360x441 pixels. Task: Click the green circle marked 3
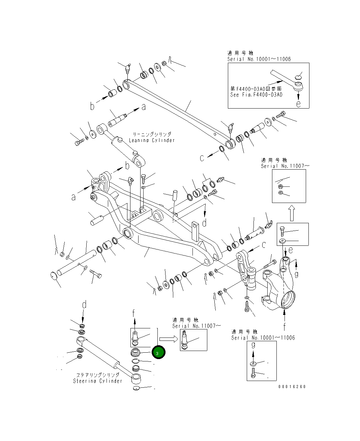pos(158,353)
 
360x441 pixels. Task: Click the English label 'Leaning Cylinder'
pos(152,140)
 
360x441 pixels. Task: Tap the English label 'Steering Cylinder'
pos(97,381)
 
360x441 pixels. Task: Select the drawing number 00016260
pos(292,387)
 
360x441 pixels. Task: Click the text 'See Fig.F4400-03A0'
pos(256,95)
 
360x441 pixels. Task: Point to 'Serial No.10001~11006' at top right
pos(259,59)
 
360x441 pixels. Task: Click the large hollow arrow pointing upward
pos(292,213)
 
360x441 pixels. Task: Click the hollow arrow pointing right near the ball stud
pos(168,339)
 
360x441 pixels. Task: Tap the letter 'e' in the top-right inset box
pos(298,104)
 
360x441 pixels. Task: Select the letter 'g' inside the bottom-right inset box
pos(253,345)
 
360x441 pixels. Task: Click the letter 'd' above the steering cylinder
pos(84,305)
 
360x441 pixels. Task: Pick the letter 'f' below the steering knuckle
pos(284,326)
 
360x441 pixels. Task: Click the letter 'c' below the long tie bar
pos(202,158)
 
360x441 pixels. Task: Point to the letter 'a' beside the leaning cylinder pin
pos(144,107)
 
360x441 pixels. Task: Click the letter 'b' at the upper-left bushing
pos(92,107)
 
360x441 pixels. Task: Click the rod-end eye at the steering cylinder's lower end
pos(136,378)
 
